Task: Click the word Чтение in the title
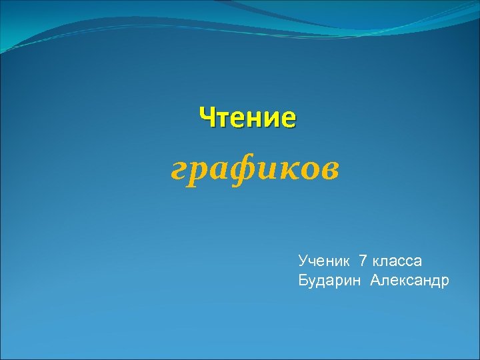pos(247,118)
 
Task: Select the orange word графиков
pos(254,169)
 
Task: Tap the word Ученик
pos(325,260)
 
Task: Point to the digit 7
pos(363,260)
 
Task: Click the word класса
pos(397,261)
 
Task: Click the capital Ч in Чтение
pos(207,118)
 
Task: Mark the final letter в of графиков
pos(329,171)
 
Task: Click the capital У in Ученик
pos(303,260)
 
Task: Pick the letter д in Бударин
pos(322,281)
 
